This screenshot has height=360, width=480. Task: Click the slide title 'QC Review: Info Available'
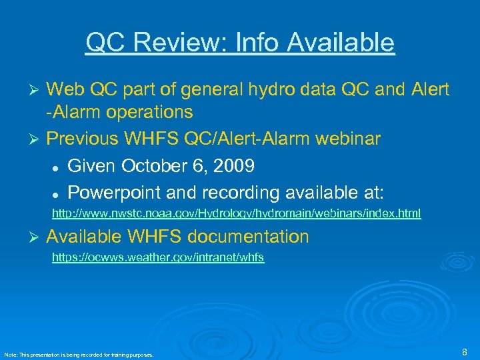click(240, 43)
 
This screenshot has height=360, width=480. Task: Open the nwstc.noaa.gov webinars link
click(237, 214)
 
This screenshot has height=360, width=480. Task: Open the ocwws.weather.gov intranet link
click(158, 258)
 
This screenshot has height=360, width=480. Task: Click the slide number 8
click(464, 351)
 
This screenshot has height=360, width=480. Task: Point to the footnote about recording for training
click(79, 355)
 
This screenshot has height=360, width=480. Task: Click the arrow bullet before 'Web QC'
click(37, 90)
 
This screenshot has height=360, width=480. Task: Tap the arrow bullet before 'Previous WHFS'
click(37, 139)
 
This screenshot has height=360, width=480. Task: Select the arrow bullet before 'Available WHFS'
click(37, 237)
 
